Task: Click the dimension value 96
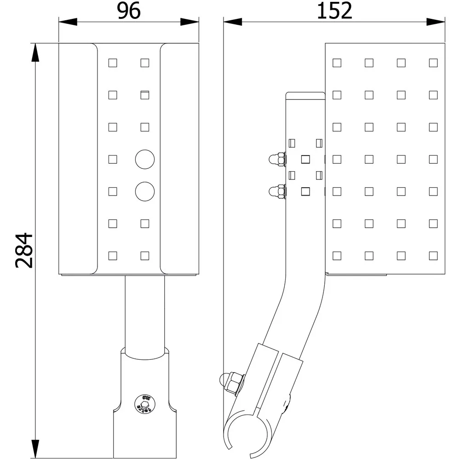pyautogui.click(x=128, y=11)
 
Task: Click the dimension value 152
pyautogui.click(x=334, y=11)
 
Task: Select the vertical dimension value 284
pyautogui.click(x=24, y=251)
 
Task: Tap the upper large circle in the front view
pyautogui.click(x=144, y=159)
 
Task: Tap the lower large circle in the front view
pyautogui.click(x=144, y=191)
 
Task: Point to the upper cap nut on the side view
pyautogui.click(x=277, y=159)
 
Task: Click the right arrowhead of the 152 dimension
pyautogui.click(x=436, y=22)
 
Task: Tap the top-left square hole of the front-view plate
pyautogui.click(x=112, y=63)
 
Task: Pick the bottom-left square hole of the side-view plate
pyautogui.click(x=337, y=255)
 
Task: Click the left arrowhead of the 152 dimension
pyautogui.click(x=233, y=22)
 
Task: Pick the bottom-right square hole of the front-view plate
pyautogui.click(x=144, y=255)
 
